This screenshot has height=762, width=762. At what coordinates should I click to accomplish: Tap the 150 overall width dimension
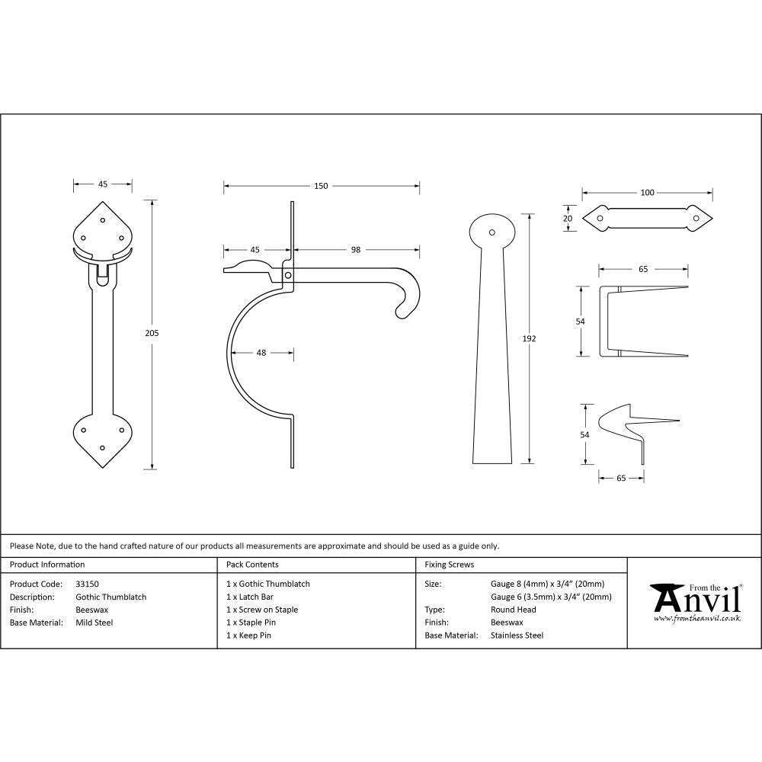pyautogui.click(x=321, y=186)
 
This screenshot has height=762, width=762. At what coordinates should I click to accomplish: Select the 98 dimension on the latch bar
pyautogui.click(x=356, y=249)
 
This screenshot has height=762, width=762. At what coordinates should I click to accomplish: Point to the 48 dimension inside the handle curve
pyautogui.click(x=261, y=352)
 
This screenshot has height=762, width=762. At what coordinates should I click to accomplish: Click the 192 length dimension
pyautogui.click(x=530, y=338)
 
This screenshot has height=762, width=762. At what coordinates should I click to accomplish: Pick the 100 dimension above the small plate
pyautogui.click(x=647, y=192)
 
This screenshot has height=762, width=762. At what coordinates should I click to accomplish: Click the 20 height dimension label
pyautogui.click(x=567, y=218)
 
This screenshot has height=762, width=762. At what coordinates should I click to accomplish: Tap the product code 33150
pyautogui.click(x=88, y=584)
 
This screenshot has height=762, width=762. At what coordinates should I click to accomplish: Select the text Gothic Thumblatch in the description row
pyautogui.click(x=111, y=597)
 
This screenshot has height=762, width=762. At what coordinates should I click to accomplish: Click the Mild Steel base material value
pyautogui.click(x=94, y=623)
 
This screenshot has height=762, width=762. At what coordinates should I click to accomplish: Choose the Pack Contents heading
pyautogui.click(x=252, y=565)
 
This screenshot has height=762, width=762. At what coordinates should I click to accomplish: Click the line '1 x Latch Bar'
pyautogui.click(x=250, y=597)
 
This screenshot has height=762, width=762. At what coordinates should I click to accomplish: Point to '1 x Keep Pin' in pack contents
pyautogui.click(x=248, y=635)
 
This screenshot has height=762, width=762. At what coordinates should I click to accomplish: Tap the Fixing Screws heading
pyautogui.click(x=450, y=565)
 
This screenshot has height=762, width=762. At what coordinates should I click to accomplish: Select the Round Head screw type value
pyautogui.click(x=514, y=610)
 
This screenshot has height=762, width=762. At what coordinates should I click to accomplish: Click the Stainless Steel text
pyautogui.click(x=517, y=635)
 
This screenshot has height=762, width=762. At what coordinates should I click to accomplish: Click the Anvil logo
pyautogui.click(x=696, y=599)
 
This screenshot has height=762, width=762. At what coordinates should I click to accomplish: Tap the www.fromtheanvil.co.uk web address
pyautogui.click(x=696, y=619)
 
